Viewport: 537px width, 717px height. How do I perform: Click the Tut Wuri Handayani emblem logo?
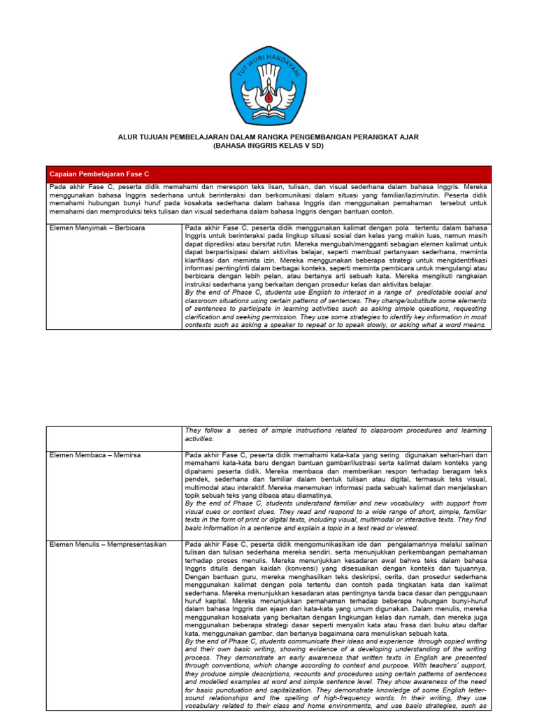(268, 85)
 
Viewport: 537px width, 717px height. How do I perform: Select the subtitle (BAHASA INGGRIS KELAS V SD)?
(268, 146)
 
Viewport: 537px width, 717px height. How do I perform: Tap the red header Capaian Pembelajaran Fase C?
(89, 173)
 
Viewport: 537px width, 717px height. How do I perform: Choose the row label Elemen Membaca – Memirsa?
(94, 455)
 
